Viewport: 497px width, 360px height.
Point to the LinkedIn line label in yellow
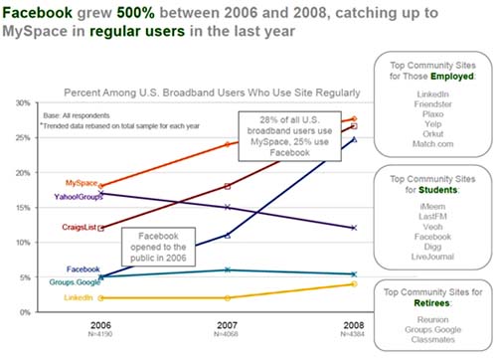(80, 297)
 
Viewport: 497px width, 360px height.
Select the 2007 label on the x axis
(227, 325)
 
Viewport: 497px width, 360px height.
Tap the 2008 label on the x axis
(353, 325)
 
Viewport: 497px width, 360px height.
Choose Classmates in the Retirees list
(434, 339)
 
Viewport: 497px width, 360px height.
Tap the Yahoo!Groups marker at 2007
(227, 208)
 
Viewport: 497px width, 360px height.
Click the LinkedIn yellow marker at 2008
(353, 284)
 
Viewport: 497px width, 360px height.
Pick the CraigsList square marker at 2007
(227, 186)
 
